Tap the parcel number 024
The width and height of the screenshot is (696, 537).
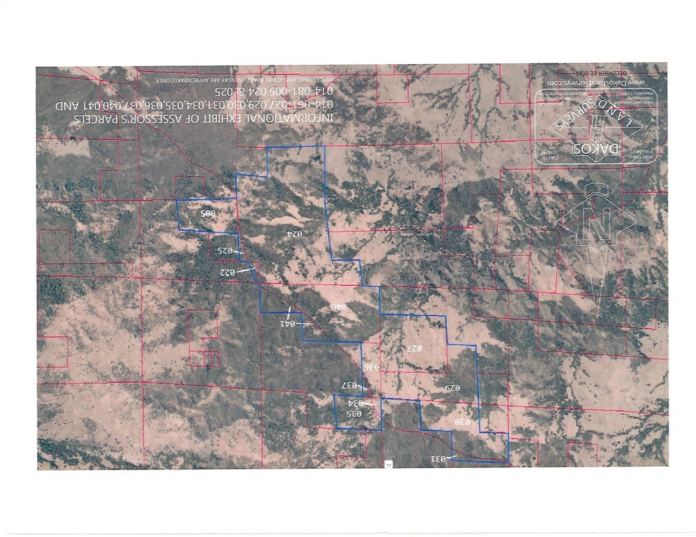[x=295, y=234]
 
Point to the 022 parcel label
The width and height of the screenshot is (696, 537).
[x=228, y=272]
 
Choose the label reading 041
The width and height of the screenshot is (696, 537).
[x=287, y=323]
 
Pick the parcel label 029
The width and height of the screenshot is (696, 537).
[x=451, y=388]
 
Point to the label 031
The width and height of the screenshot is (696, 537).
[x=440, y=458]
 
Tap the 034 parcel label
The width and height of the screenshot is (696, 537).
[x=355, y=403]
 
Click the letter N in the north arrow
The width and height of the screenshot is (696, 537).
[x=597, y=222]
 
